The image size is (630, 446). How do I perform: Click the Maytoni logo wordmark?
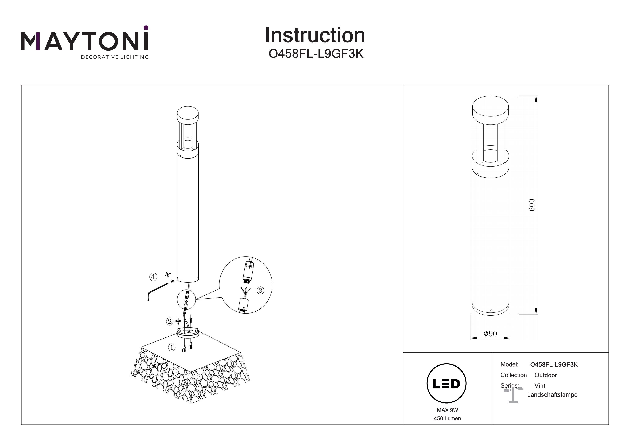point(84,42)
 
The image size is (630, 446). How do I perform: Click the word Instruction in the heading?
point(315,36)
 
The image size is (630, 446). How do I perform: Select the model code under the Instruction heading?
point(316,54)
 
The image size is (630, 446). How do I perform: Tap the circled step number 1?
point(172,348)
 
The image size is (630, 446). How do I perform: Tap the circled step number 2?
point(169,321)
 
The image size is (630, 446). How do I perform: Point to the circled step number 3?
point(260,290)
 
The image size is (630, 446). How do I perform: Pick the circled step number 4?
point(153,277)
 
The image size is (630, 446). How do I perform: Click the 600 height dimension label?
point(532,205)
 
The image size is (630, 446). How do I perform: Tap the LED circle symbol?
point(446,384)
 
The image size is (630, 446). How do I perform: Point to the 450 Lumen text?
point(448,418)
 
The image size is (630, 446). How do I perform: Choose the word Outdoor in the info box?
point(546,375)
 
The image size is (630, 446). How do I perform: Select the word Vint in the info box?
point(540,386)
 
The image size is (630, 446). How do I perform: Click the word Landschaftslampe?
point(552,395)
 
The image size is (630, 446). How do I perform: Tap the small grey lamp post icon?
point(513,395)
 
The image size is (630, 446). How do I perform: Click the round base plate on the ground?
point(188,333)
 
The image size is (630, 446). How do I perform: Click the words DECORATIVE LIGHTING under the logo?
point(115,57)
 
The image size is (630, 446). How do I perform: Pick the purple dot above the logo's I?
point(146,28)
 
